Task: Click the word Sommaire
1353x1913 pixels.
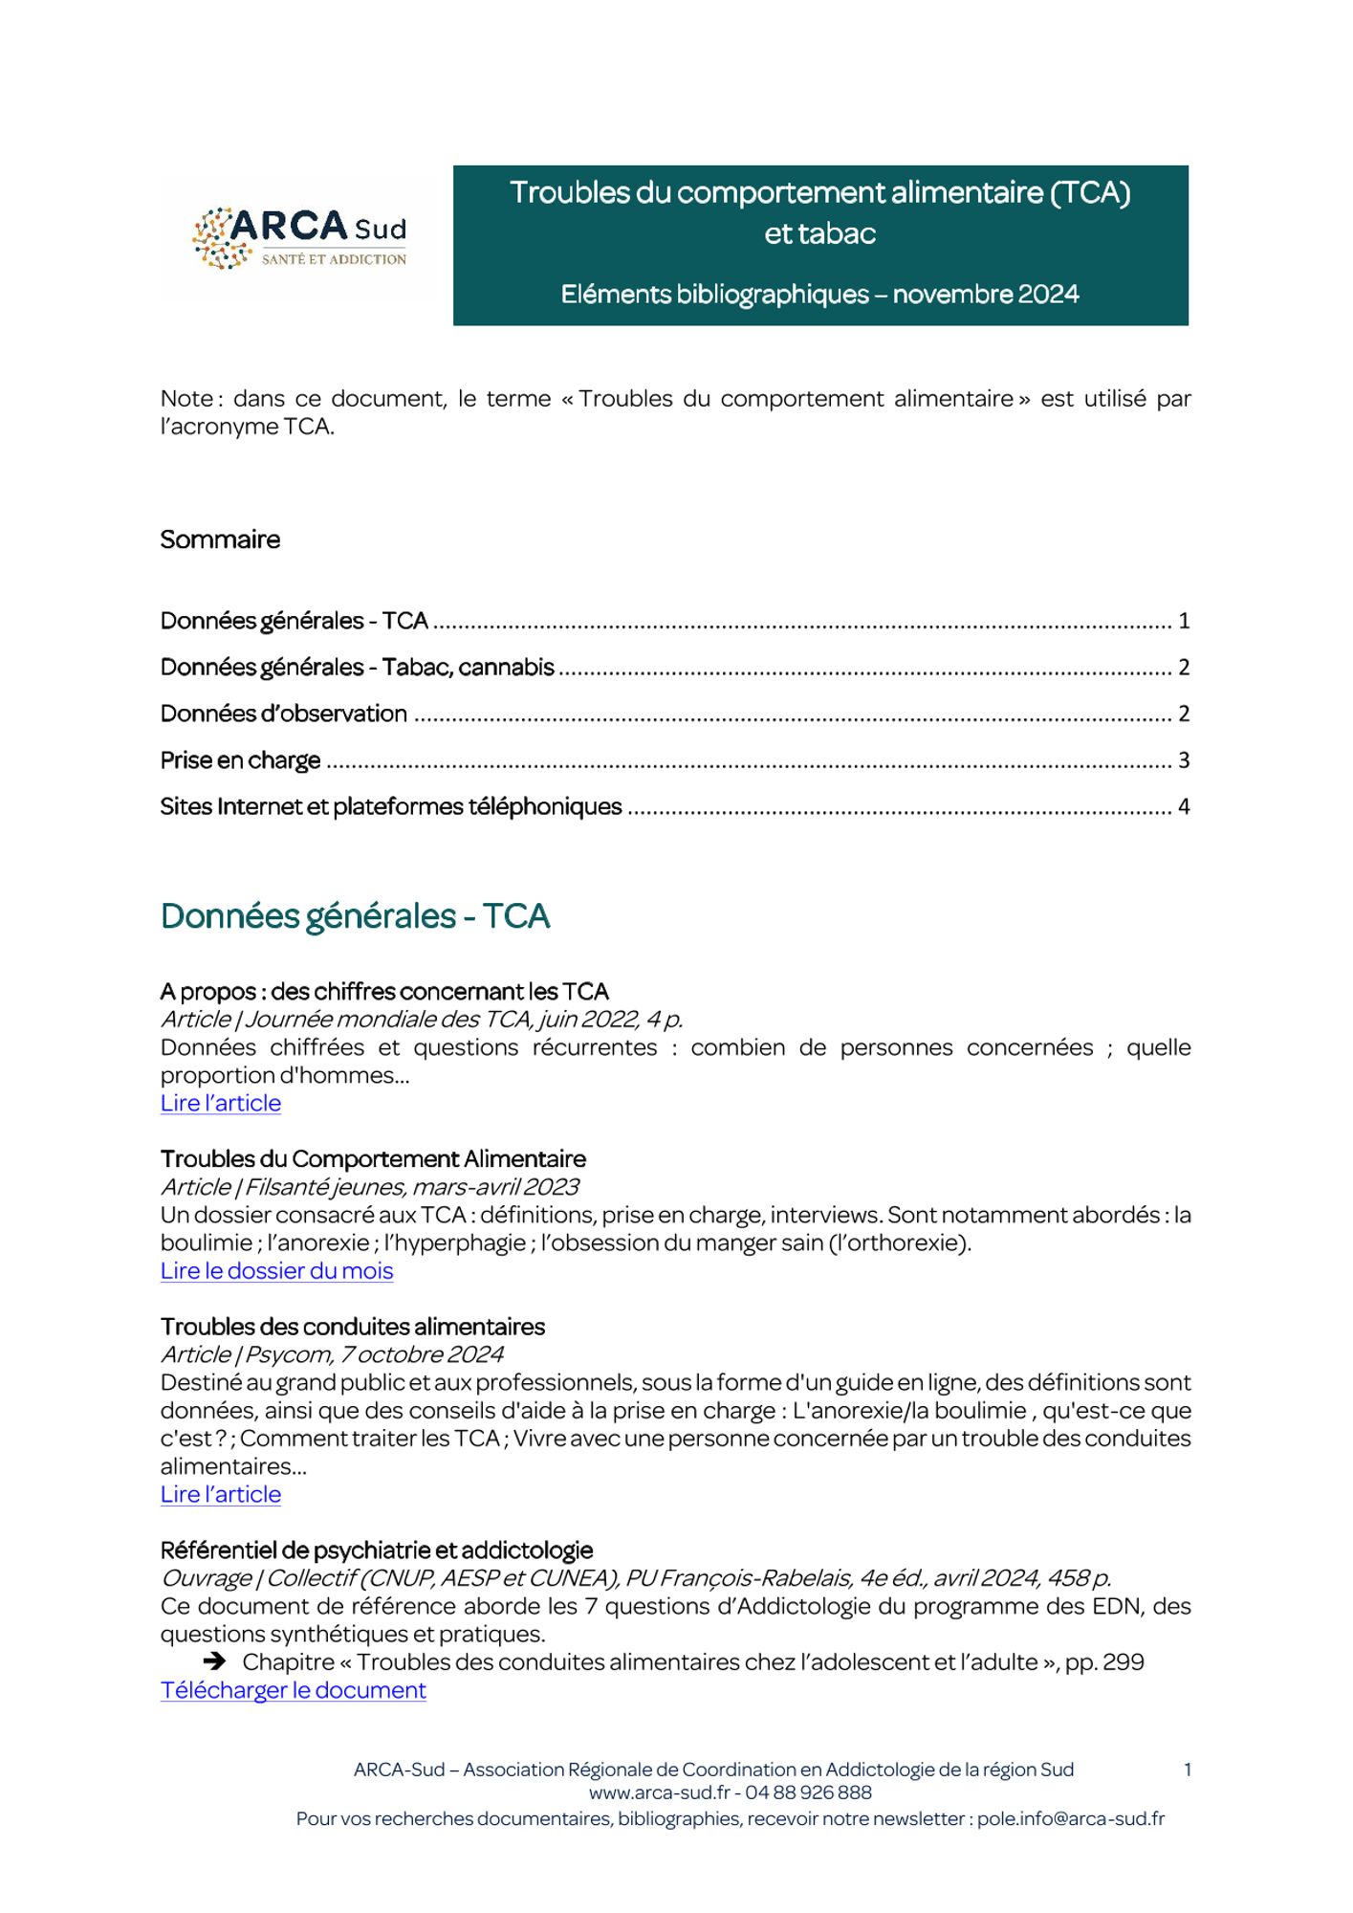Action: point(220,539)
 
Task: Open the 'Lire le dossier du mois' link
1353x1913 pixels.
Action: point(276,1270)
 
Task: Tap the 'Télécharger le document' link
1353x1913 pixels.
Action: point(293,1690)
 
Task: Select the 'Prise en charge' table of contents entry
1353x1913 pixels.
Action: point(240,760)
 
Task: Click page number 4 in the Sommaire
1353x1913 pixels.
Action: point(1183,807)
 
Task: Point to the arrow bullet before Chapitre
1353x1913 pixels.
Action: point(214,1662)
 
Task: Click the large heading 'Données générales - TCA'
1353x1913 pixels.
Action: point(355,916)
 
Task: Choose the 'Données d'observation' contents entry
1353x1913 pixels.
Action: point(283,714)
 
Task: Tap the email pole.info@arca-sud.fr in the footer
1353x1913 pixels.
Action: point(1070,1818)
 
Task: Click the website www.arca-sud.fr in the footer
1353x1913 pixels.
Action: point(659,1792)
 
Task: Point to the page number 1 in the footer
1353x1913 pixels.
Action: point(1187,1770)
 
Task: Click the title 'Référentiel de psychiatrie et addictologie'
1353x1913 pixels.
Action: point(377,1550)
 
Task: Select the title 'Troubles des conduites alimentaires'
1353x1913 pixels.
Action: point(352,1327)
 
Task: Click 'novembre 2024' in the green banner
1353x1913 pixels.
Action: point(985,294)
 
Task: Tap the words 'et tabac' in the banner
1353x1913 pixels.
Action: point(819,234)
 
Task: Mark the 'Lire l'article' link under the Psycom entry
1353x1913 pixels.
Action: point(220,1494)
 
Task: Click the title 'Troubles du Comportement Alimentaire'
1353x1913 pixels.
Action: point(373,1159)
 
